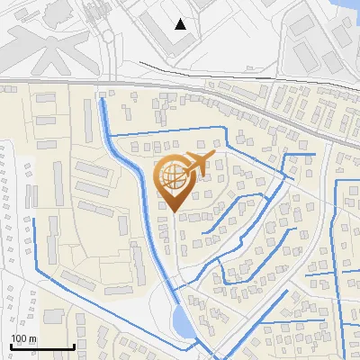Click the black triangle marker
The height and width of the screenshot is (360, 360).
[x=181, y=24]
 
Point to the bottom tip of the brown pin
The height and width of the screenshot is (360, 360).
[x=173, y=212]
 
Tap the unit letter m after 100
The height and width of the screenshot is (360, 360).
[x=32, y=338]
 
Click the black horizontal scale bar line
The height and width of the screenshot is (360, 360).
[x=41, y=346]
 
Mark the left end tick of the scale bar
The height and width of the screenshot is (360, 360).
[x=11, y=345]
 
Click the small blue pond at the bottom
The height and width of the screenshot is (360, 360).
[x=181, y=319]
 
